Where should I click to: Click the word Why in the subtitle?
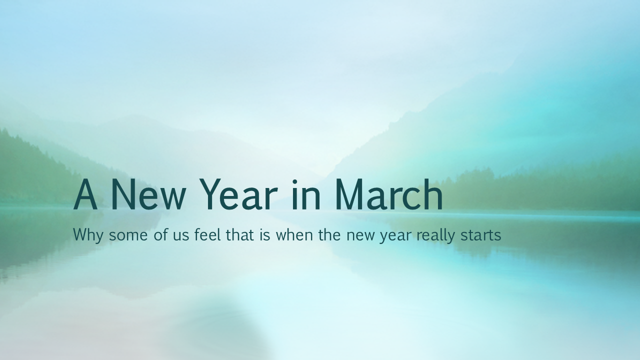coord(88,234)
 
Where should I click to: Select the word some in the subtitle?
coord(129,235)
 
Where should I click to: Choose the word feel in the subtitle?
coord(207,234)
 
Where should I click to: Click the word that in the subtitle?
coord(240,234)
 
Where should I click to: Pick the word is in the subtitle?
coord(264,234)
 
